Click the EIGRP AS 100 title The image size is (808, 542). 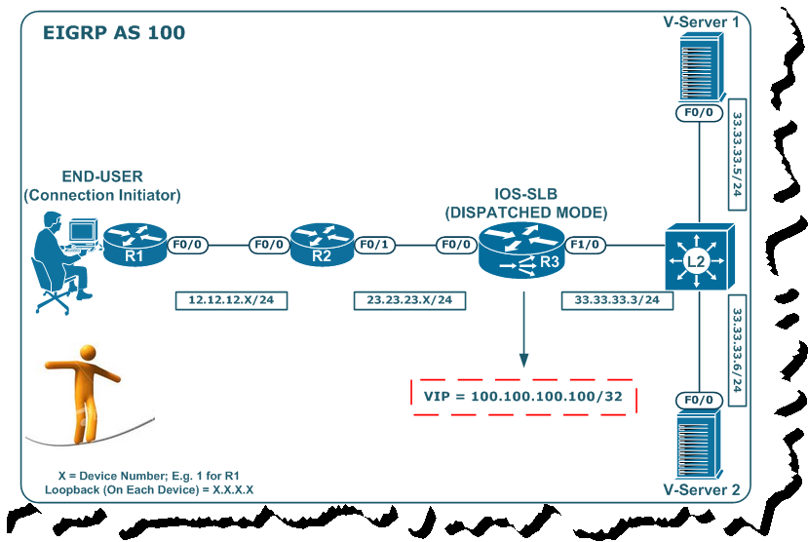click(x=114, y=33)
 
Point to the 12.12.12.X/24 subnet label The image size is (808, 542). click(x=231, y=300)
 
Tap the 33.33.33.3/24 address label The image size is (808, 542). click(x=617, y=300)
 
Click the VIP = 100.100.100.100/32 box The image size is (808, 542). click(x=522, y=397)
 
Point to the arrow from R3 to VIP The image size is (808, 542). click(x=522, y=331)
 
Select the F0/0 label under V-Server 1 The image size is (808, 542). click(x=700, y=113)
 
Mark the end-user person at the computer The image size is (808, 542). click(x=58, y=258)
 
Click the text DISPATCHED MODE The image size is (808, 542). click(x=526, y=212)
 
